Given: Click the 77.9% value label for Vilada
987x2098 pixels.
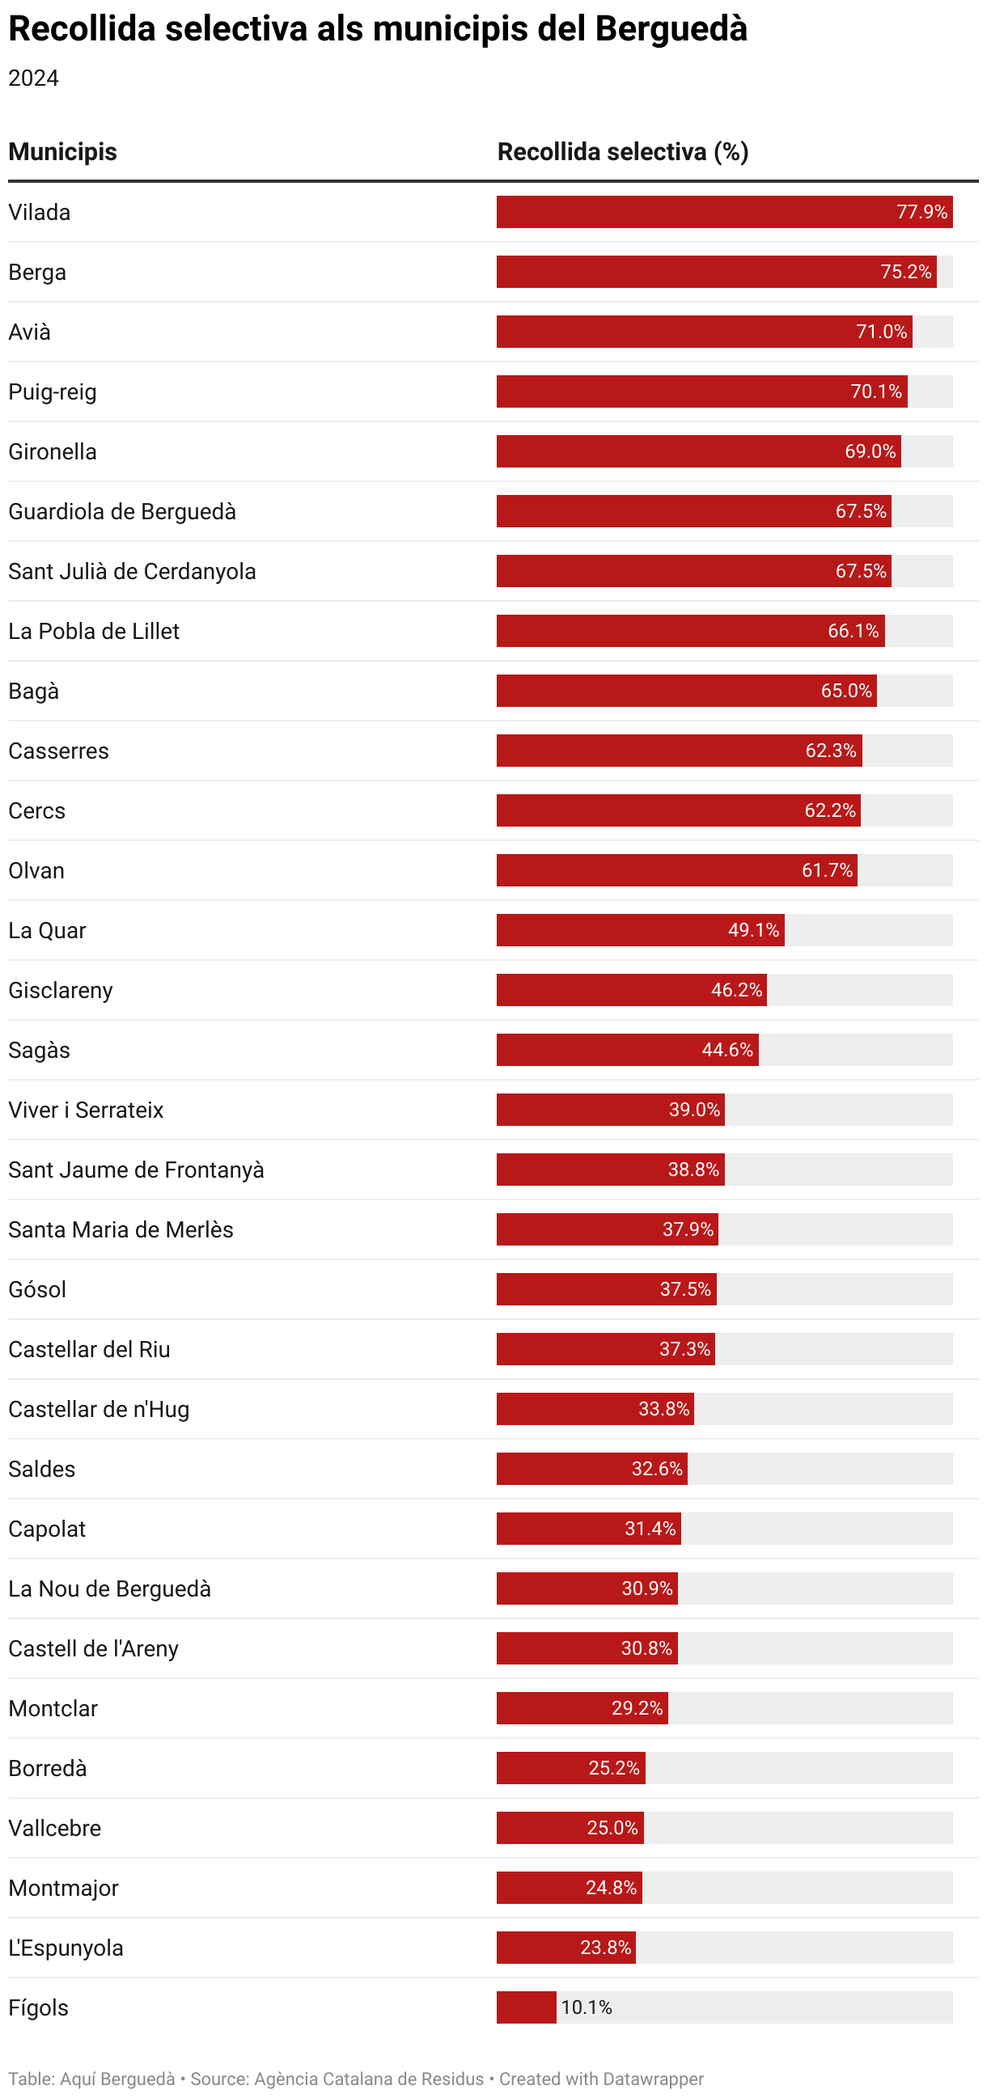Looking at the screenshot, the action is [921, 212].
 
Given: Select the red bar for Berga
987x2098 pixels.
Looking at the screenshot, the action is [717, 272].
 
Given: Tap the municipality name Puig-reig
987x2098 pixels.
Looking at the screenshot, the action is [52, 391].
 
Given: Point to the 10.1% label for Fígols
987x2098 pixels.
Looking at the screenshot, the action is [587, 2007].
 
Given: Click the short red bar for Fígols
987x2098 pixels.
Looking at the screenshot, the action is [526, 2007].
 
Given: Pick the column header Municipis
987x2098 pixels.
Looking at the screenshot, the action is [63, 151].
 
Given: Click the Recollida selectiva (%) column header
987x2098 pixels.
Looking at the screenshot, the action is [623, 151].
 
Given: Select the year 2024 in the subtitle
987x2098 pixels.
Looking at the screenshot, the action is [33, 78].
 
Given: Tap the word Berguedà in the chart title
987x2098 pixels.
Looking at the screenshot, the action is [671, 28].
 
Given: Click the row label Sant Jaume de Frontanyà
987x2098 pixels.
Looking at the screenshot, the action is [136, 1170].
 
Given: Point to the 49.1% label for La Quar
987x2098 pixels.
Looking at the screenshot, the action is [753, 930].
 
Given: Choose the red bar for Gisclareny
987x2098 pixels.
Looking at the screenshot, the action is [632, 990].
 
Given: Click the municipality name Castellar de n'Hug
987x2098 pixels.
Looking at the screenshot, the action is [99, 1410].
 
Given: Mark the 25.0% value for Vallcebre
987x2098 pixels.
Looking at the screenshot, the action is [612, 1829].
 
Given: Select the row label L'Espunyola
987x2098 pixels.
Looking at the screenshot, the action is [66, 1948].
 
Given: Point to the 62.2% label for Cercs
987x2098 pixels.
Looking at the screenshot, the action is [830, 810].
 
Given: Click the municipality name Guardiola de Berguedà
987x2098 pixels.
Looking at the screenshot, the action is [122, 511].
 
